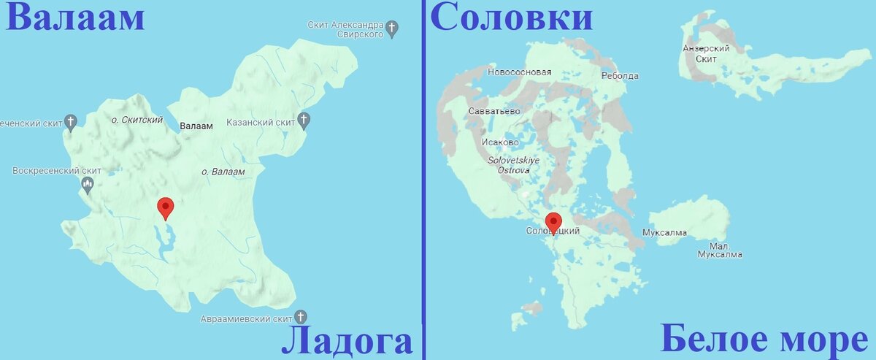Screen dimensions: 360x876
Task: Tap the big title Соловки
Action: (x=511, y=18)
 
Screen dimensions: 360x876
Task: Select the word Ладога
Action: (x=347, y=341)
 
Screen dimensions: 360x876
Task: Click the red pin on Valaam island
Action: (x=166, y=208)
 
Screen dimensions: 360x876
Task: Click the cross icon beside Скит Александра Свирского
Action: (x=393, y=29)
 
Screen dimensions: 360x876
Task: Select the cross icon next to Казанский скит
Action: (x=304, y=120)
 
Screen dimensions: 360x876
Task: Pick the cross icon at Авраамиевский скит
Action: (x=300, y=317)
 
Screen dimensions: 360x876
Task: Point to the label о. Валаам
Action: (x=222, y=171)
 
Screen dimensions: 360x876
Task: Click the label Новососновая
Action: (x=519, y=72)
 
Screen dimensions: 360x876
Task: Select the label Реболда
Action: (x=620, y=76)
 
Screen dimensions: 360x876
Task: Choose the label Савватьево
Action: (x=494, y=111)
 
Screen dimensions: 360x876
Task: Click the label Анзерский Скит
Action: (x=706, y=53)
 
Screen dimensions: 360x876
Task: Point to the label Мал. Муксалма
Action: (x=719, y=250)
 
